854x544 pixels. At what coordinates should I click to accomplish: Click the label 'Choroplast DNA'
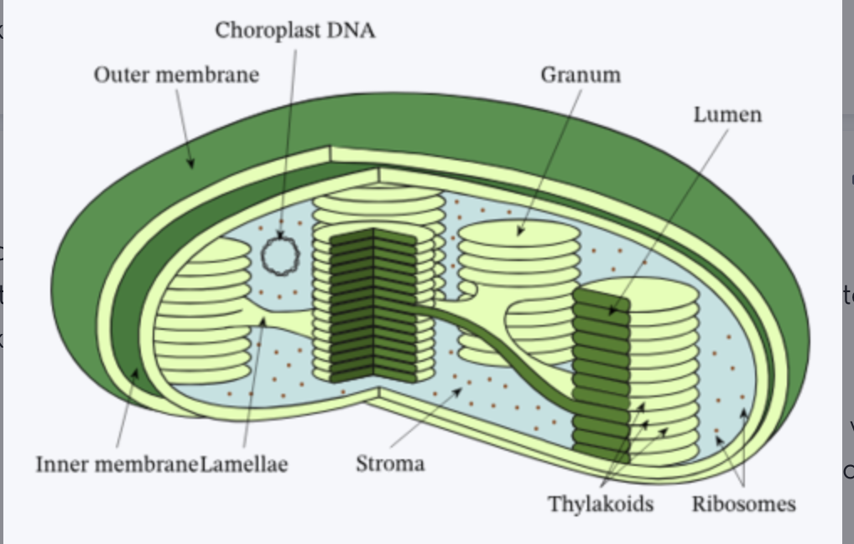coord(294,31)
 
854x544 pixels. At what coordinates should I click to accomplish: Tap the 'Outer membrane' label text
coord(176,75)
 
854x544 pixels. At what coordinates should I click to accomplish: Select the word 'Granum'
coord(581,75)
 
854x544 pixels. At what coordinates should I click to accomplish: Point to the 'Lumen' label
coord(726,114)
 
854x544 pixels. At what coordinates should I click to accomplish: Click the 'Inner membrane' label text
coord(117,463)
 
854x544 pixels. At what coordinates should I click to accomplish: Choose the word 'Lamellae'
coord(244,463)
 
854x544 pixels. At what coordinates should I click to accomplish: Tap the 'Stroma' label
coord(390,463)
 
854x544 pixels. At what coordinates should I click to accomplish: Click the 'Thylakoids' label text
coord(601,504)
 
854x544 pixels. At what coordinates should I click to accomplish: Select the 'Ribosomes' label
coord(743,504)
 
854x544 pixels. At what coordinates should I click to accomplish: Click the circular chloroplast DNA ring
coord(279,254)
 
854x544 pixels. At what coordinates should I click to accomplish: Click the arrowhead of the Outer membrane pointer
coord(191,165)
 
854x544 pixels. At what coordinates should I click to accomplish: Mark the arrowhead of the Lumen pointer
coord(612,311)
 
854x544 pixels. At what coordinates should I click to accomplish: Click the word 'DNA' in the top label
coord(351,31)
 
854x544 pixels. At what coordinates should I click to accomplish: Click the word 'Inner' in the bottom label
coord(62,463)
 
